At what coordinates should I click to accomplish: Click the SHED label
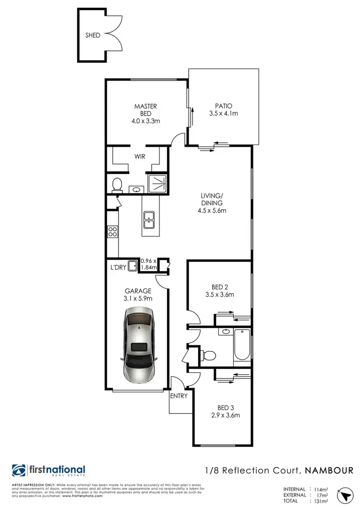(93, 35)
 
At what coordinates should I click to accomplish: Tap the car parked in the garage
(139, 344)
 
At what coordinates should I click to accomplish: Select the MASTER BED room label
(145, 110)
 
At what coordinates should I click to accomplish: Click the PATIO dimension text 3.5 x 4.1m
(224, 114)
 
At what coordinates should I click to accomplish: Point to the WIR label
(140, 156)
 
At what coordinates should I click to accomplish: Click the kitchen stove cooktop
(112, 232)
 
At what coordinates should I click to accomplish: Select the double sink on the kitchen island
(149, 218)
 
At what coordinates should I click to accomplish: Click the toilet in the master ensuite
(116, 184)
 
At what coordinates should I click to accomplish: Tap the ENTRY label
(179, 396)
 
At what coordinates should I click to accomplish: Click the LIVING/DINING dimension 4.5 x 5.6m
(212, 210)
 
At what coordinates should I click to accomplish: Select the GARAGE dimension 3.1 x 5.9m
(138, 298)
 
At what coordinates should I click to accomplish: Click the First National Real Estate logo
(49, 471)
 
